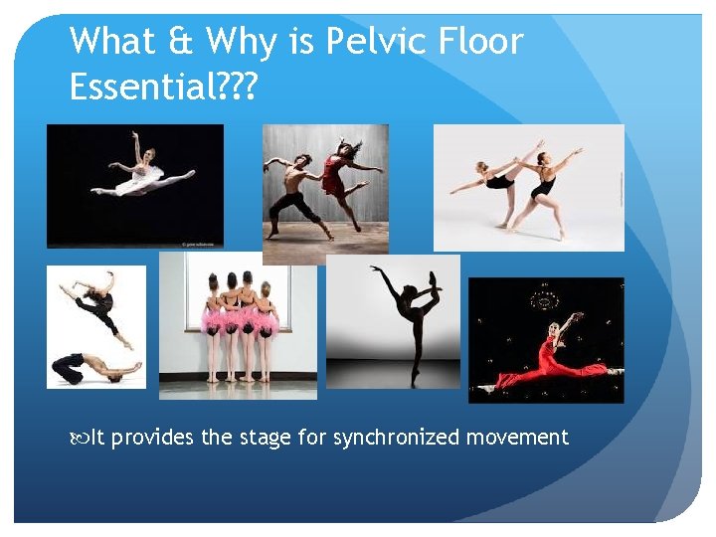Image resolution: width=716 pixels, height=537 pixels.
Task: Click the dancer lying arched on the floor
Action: coord(94,367)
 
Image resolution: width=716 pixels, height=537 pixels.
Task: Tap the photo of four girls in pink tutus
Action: coord(239,323)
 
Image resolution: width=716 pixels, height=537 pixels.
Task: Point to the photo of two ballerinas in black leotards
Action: coord(529,186)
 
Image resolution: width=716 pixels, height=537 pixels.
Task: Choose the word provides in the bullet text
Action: coord(153,438)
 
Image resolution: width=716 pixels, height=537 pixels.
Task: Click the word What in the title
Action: coord(111,42)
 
